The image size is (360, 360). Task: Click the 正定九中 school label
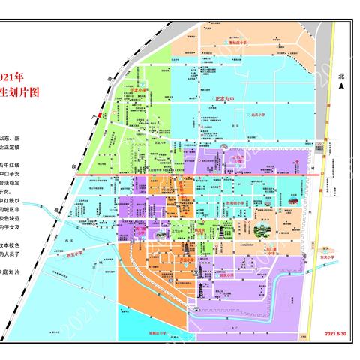(225, 98)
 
